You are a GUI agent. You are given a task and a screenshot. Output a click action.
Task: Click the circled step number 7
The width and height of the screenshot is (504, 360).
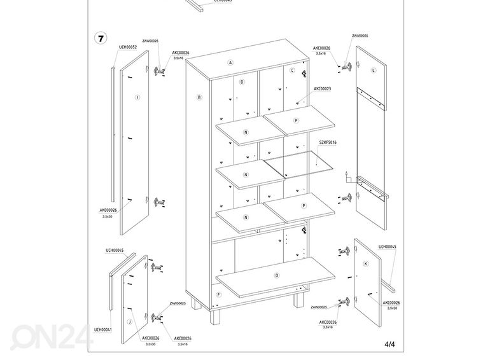101,38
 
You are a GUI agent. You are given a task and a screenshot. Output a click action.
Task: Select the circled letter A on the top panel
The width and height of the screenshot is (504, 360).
231,63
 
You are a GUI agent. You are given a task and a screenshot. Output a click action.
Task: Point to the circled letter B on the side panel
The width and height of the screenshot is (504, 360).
199,97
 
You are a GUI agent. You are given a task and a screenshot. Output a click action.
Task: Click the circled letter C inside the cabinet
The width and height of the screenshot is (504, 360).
293,71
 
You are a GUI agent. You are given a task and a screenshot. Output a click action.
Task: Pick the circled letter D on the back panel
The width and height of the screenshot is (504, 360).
242,82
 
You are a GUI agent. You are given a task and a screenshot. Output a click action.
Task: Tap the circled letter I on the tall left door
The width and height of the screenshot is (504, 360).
137,97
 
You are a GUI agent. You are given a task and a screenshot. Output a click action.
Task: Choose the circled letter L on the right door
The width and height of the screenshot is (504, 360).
374,69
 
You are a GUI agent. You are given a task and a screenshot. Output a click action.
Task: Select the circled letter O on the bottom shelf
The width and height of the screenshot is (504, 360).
276,275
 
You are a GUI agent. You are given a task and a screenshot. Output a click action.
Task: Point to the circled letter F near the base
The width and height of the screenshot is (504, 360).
218,295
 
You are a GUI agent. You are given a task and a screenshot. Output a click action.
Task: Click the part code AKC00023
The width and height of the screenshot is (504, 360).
322,89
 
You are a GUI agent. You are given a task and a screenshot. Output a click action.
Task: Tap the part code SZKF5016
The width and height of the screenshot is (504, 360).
327,142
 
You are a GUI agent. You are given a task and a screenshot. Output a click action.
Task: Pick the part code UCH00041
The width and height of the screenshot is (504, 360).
103,329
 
